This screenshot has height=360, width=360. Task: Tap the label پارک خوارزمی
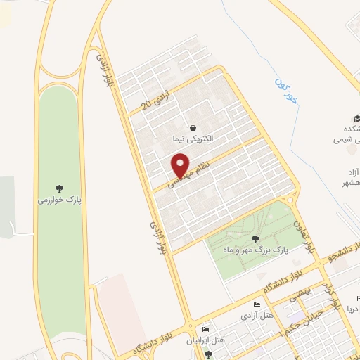[x=60, y=200]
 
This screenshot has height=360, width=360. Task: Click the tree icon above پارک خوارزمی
[x=60, y=188]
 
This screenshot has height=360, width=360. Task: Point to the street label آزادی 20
[x=156, y=101]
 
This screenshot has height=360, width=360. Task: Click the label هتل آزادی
[x=255, y=315]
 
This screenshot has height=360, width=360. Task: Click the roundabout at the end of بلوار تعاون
[x=290, y=199]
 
